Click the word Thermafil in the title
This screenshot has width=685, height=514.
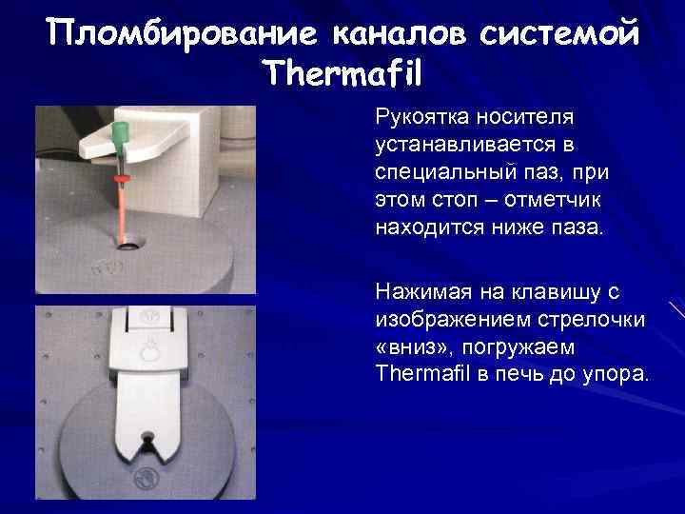[x=345, y=72]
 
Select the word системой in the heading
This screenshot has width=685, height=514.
[x=560, y=33]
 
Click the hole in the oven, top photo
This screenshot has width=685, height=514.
[x=125, y=242]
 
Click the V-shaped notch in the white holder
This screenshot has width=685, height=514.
[x=146, y=441]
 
